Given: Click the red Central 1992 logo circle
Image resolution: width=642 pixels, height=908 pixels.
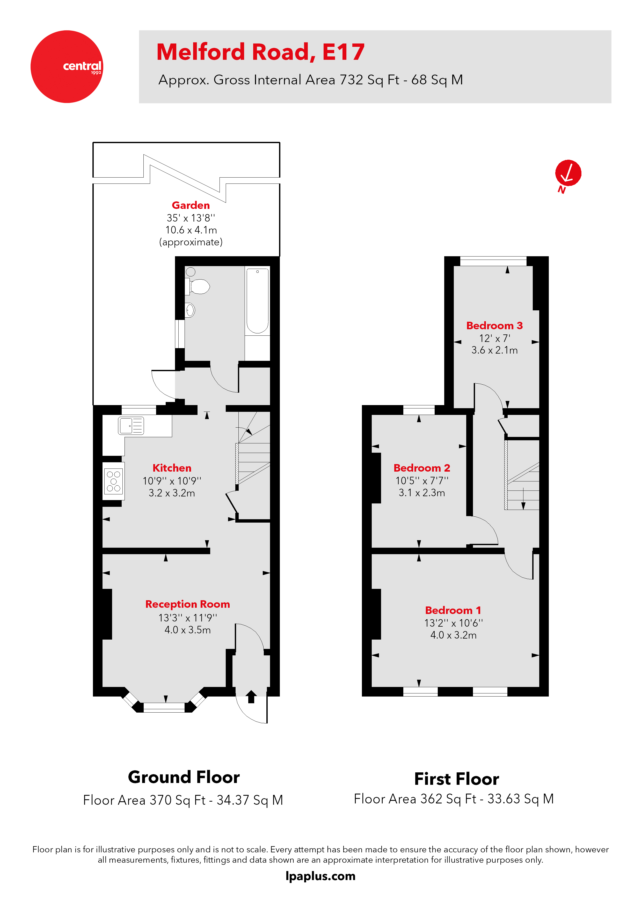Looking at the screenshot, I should click(x=67, y=67).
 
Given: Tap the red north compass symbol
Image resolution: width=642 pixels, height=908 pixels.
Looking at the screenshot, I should click(x=568, y=173).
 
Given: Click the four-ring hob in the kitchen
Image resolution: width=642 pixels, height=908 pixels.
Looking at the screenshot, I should click(x=114, y=481).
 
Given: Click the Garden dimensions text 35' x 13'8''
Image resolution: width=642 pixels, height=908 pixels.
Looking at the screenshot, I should click(x=191, y=218).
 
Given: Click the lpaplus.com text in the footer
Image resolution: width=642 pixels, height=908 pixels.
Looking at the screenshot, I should click(x=320, y=876).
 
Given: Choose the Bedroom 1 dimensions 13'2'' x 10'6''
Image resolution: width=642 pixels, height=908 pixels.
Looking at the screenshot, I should click(x=453, y=623).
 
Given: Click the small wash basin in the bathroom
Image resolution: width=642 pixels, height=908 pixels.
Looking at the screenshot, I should click(x=190, y=310).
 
